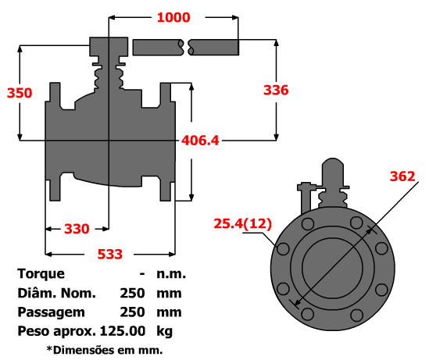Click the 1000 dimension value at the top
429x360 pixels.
173,17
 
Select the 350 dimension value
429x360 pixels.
20,93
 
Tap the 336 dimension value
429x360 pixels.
276,91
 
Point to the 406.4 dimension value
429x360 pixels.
200,141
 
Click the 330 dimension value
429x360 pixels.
77,229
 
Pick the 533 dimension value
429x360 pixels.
110,255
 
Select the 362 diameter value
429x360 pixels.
402,176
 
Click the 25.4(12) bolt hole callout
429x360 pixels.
243,223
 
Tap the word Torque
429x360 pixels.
41,274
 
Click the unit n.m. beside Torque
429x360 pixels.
171,274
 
